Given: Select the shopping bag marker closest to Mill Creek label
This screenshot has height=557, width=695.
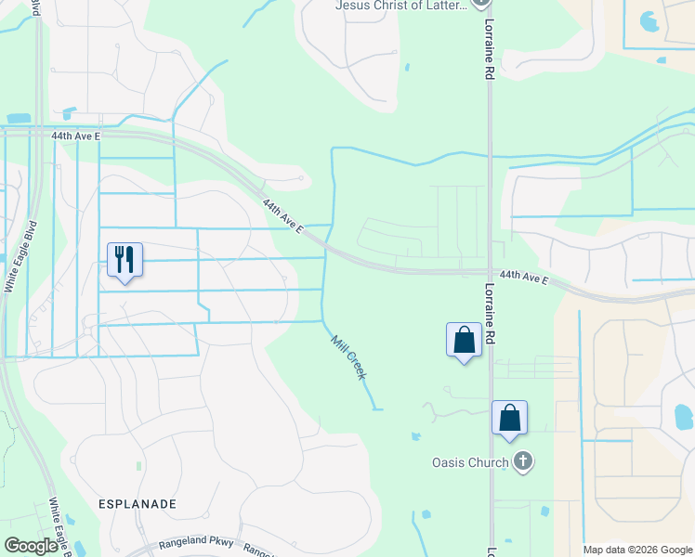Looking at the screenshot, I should tap(464, 340).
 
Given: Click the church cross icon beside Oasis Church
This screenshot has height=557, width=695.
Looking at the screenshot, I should tap(524, 461).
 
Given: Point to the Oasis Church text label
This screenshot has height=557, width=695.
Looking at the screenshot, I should tap(470, 462).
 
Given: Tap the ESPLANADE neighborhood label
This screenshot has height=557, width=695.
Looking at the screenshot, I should tap(137, 503).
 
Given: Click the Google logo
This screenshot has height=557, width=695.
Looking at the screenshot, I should tap(32, 546).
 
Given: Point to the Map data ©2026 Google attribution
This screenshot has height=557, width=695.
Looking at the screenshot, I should tap(637, 550).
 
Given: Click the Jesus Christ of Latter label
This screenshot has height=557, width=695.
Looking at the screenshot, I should tap(401, 6).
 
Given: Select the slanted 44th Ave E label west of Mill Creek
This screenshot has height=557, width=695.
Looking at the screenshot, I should tap(282, 215).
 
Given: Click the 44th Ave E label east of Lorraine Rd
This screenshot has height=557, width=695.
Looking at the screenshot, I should tap(523, 277).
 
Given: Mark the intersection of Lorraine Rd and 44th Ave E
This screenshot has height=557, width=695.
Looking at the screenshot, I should tap(490, 272).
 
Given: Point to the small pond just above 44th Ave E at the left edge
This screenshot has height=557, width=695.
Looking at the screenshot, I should tap(18, 119).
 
